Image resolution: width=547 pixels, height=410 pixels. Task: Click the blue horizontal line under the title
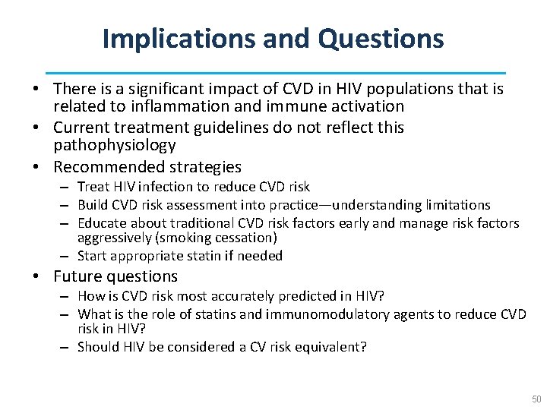tap(275, 72)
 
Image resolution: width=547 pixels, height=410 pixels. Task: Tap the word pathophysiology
tap(115, 145)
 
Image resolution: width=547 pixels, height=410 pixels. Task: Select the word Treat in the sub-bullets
tap(93, 187)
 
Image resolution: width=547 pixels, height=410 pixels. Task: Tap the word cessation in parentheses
tap(244, 238)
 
